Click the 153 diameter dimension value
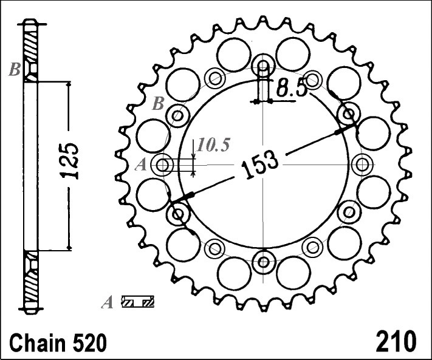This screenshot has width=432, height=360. (259, 165)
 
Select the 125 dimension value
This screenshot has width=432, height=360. (69, 161)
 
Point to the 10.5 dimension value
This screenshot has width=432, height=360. (213, 144)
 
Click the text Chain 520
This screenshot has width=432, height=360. (58, 342)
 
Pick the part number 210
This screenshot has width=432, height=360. (396, 341)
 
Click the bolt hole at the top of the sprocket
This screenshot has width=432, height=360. (263, 66)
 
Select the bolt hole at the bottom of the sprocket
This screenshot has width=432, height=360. (263, 262)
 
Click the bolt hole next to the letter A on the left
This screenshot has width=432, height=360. (163, 165)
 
